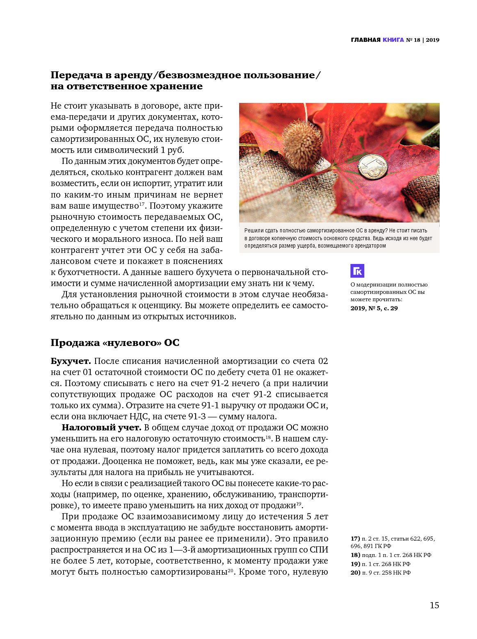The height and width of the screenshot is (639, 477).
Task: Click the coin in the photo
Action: click(372, 166)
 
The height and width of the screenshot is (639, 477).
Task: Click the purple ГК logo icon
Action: click(357, 271)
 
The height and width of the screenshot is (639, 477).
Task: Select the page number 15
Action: click(434, 605)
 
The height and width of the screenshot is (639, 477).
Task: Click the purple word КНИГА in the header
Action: click(393, 40)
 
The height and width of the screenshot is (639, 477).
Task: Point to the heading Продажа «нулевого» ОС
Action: click(115, 343)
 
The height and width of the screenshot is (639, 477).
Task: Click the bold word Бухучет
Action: click(71, 361)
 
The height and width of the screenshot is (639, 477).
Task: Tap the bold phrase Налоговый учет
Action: click(101, 428)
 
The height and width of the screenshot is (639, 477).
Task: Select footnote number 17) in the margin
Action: click(355, 539)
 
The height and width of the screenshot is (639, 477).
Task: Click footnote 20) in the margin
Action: click(355, 573)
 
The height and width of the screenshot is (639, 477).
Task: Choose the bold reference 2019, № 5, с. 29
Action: click(374, 308)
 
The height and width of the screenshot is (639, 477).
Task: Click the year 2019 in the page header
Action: click(432, 40)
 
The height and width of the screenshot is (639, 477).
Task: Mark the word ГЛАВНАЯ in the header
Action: click(365, 40)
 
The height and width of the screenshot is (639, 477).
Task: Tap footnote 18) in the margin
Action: click(355, 555)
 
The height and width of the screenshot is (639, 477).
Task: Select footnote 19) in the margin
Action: click(355, 564)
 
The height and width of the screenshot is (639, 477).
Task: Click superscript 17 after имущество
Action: click(142, 204)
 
